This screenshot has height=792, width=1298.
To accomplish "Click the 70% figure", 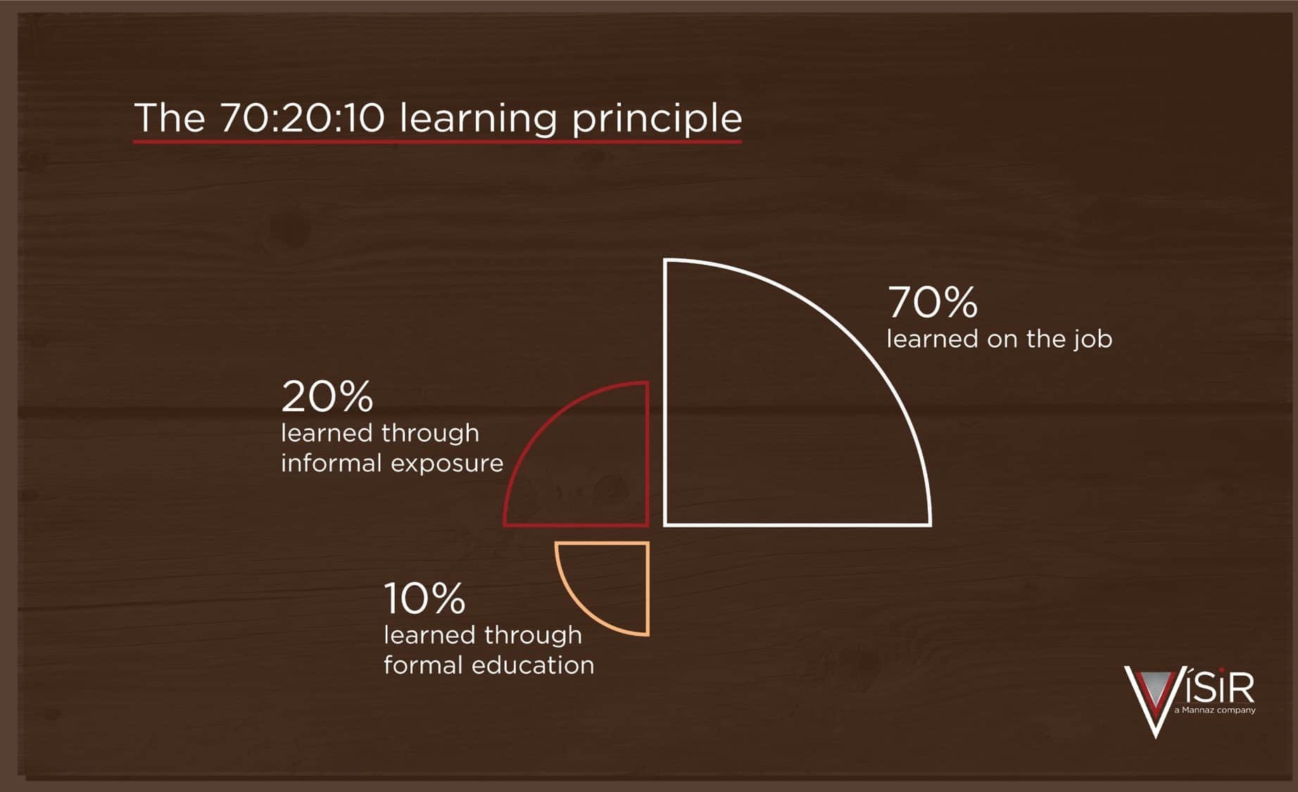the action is tap(933, 303).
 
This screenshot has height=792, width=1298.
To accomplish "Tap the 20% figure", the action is tap(327, 397).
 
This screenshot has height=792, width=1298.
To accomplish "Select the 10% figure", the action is tap(424, 599).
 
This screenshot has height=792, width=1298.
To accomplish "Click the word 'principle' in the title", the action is tap(657, 118).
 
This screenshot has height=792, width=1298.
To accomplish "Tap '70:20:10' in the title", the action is tap(303, 118).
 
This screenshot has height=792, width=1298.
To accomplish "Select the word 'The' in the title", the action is tap(170, 118).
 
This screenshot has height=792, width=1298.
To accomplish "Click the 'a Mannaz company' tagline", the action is tap(1215, 710).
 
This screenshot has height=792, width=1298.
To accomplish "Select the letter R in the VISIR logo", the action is tap(1240, 687).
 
